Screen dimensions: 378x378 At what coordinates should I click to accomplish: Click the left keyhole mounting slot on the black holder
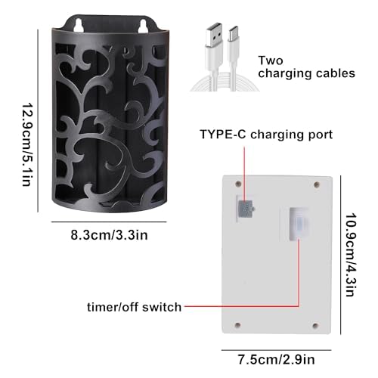point(79,25)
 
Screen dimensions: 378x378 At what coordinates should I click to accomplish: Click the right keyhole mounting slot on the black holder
point(143,26)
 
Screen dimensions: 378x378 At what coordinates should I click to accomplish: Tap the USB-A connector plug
point(214,36)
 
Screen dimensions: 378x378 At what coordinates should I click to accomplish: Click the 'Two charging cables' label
point(306,67)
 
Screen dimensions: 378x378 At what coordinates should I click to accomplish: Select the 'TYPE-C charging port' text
point(266,135)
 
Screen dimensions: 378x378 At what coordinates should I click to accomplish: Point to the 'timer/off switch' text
point(134,307)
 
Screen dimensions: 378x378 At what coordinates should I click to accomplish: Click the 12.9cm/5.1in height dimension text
point(28,144)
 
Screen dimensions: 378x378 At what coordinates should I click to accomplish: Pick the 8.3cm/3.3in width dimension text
point(109,235)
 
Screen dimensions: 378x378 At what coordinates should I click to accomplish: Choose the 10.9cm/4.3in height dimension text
point(351,255)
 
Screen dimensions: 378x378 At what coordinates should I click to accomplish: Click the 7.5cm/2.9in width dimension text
point(277,359)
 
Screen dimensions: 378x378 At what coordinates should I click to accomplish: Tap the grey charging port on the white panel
point(246,209)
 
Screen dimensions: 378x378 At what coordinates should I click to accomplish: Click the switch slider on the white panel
point(299,224)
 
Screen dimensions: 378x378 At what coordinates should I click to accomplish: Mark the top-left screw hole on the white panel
point(238,184)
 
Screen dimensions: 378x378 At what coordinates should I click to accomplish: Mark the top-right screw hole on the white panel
point(317,185)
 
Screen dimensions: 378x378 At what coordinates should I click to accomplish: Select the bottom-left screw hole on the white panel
point(237,325)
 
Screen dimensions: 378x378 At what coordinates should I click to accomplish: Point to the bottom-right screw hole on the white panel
point(315,326)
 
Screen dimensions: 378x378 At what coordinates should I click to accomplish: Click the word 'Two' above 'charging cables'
point(271,60)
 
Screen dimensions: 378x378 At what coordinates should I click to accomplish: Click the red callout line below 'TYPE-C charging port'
point(244,174)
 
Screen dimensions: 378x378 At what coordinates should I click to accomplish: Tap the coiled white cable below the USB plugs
point(225,82)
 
